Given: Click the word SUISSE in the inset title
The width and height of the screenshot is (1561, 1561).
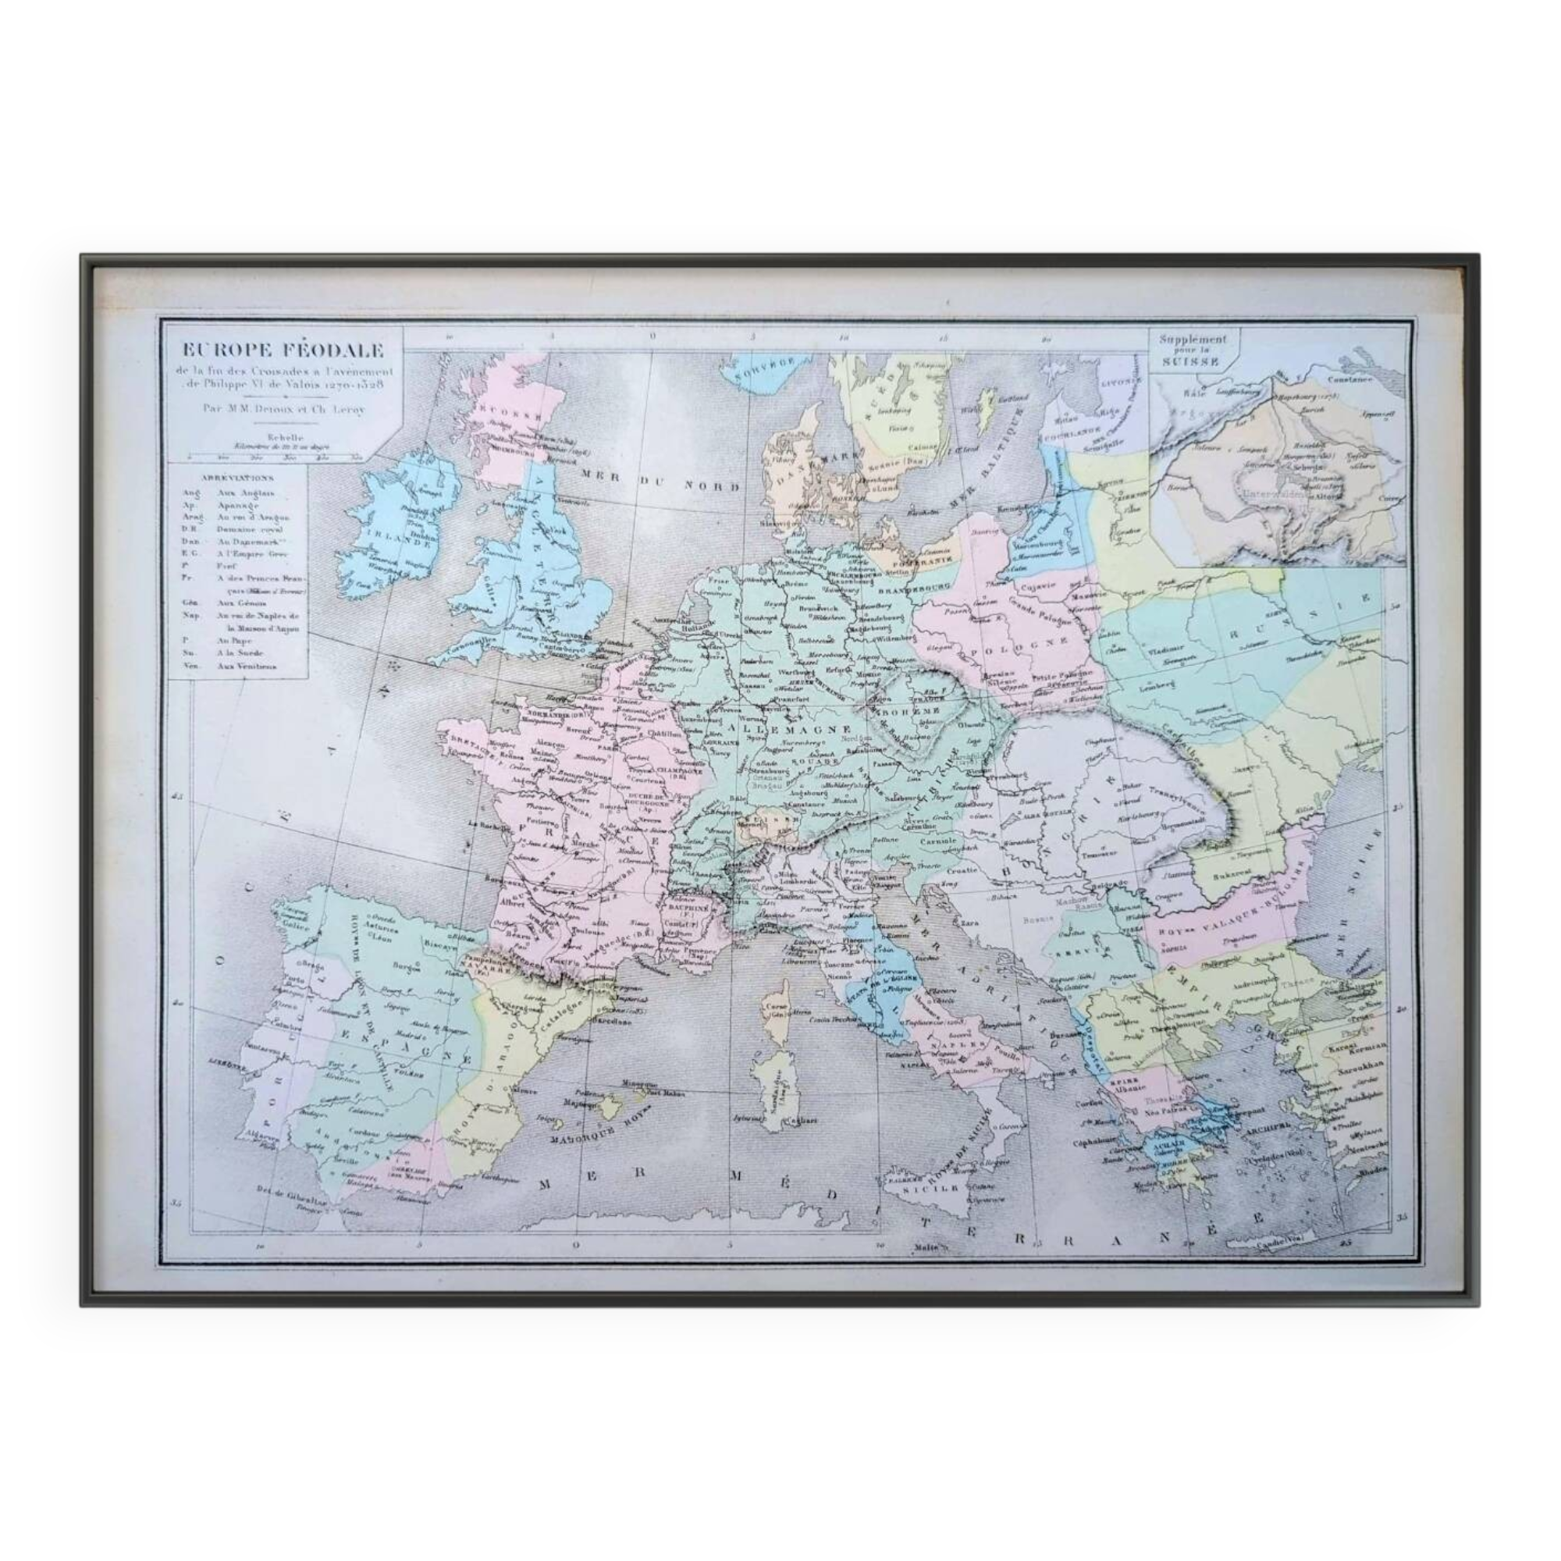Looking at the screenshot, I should point(1192,362).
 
